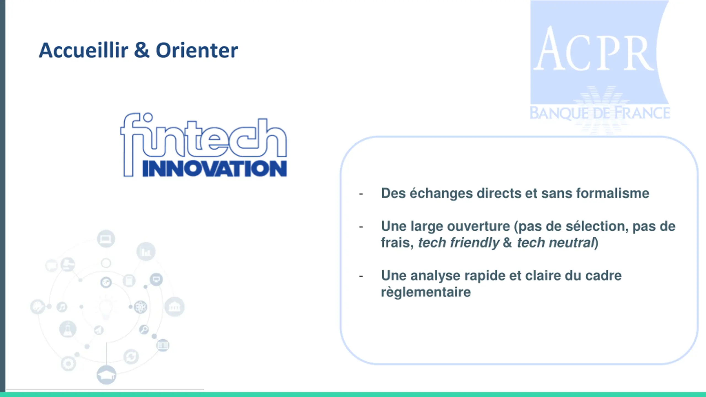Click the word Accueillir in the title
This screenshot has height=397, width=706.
coord(84,50)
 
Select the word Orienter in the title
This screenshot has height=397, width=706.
coord(197,50)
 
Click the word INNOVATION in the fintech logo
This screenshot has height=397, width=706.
coord(215,168)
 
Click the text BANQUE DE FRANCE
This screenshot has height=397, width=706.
coord(600,113)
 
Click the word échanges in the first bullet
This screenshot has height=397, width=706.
coord(441,194)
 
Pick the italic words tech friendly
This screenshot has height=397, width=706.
coord(459,243)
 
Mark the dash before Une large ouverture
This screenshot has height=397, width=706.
coord(361,227)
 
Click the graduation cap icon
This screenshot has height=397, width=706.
coord(106,375)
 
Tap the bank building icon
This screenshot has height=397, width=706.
coord(174,307)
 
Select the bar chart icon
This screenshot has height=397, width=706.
coord(146,251)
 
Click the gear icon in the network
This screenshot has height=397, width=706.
coord(68,364)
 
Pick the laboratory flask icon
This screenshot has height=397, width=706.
coord(68,329)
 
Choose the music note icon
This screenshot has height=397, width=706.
coord(62,307)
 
